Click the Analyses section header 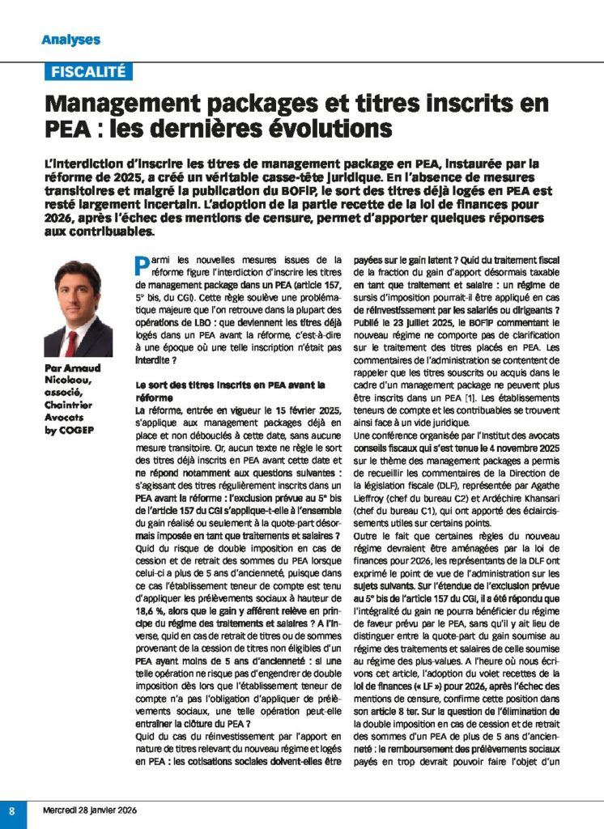pyautogui.click(x=71, y=39)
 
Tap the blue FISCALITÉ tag pyautogui.click(x=88, y=71)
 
